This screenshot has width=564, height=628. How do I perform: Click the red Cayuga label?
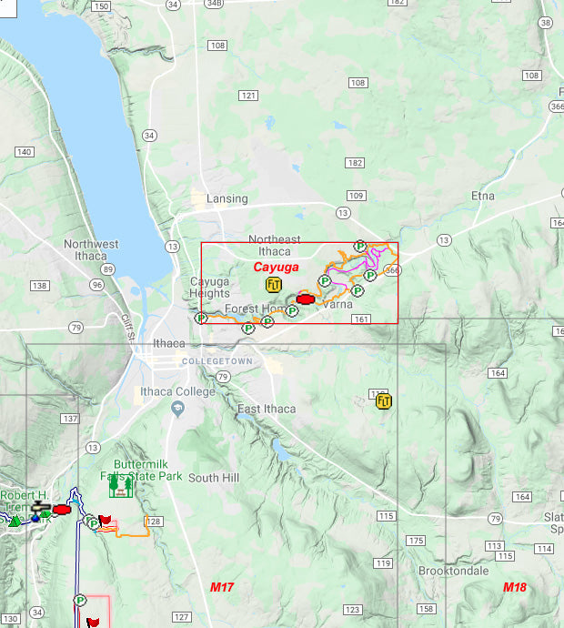click(x=276, y=267)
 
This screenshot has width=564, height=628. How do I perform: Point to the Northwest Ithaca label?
click(x=91, y=250)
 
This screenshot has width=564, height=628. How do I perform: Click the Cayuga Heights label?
click(x=209, y=288)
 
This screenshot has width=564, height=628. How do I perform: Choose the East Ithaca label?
click(x=266, y=409)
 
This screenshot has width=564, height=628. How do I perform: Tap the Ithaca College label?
click(x=176, y=392)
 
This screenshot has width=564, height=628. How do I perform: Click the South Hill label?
click(x=214, y=478)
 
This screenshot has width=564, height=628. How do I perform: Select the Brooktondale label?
click(x=455, y=571)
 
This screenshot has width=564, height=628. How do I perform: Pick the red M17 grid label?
click(x=223, y=588)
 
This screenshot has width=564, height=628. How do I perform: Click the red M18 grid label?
click(x=516, y=588)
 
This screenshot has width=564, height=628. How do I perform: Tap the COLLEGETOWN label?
click(x=217, y=361)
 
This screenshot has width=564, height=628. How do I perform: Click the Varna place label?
click(x=337, y=304)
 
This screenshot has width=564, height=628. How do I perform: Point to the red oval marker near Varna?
click(x=306, y=298)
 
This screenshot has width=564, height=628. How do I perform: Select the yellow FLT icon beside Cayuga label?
click(x=274, y=284)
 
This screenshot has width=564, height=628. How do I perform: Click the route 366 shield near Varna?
click(x=392, y=270)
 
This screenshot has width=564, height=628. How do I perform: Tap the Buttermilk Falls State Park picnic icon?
click(x=119, y=487)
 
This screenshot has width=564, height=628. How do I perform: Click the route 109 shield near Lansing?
click(x=356, y=196)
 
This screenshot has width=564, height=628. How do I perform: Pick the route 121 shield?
click(x=248, y=96)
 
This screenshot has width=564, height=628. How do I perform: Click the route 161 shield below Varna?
click(x=361, y=319)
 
